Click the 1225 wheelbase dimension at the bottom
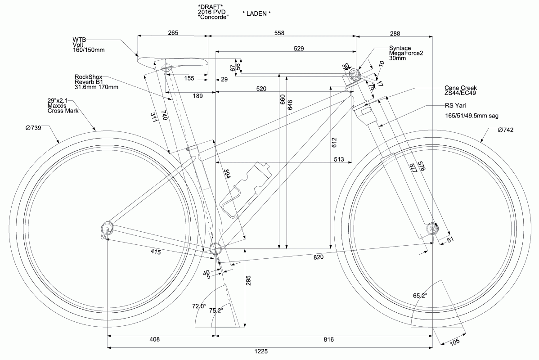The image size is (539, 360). click(269, 351)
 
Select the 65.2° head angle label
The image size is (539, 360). click(420, 296)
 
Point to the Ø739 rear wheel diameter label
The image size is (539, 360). click(33, 128)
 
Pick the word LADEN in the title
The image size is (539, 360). click(256, 13)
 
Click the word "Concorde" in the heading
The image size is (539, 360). click(213, 17)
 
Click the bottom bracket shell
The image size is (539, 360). click(216, 248)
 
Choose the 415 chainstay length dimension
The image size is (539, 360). click(156, 252)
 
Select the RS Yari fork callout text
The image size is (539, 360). click(455, 106)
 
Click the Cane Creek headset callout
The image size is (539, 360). click(460, 90)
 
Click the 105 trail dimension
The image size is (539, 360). click(454, 342)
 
